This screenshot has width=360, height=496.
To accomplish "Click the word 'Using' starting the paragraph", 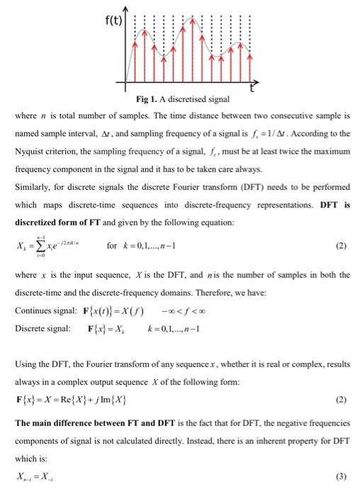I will point(26,365).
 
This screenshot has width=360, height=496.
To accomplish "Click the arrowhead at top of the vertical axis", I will point(125,9).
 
